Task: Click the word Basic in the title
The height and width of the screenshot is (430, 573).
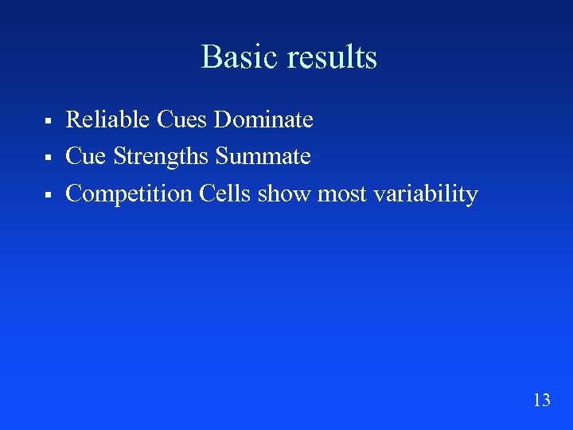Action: coord(238,57)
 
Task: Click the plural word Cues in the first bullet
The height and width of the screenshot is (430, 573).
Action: coord(182,119)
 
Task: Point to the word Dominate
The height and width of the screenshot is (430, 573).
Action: coord(263,119)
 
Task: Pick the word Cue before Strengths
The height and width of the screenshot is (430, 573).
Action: coord(86,156)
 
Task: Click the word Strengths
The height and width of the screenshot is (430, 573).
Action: coord(162,156)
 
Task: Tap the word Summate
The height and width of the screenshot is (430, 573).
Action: coord(263,156)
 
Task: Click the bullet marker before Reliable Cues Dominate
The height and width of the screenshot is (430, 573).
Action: coord(48,121)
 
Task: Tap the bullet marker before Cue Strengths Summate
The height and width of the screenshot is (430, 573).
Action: coord(48,158)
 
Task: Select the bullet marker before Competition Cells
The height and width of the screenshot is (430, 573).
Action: coord(48,195)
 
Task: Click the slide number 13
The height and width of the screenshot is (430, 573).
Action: coord(541,400)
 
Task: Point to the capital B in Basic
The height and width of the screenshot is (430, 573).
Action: coord(210,57)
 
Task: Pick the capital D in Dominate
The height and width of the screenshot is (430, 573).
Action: coord(222,119)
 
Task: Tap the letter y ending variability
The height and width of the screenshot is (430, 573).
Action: coord(472,196)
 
